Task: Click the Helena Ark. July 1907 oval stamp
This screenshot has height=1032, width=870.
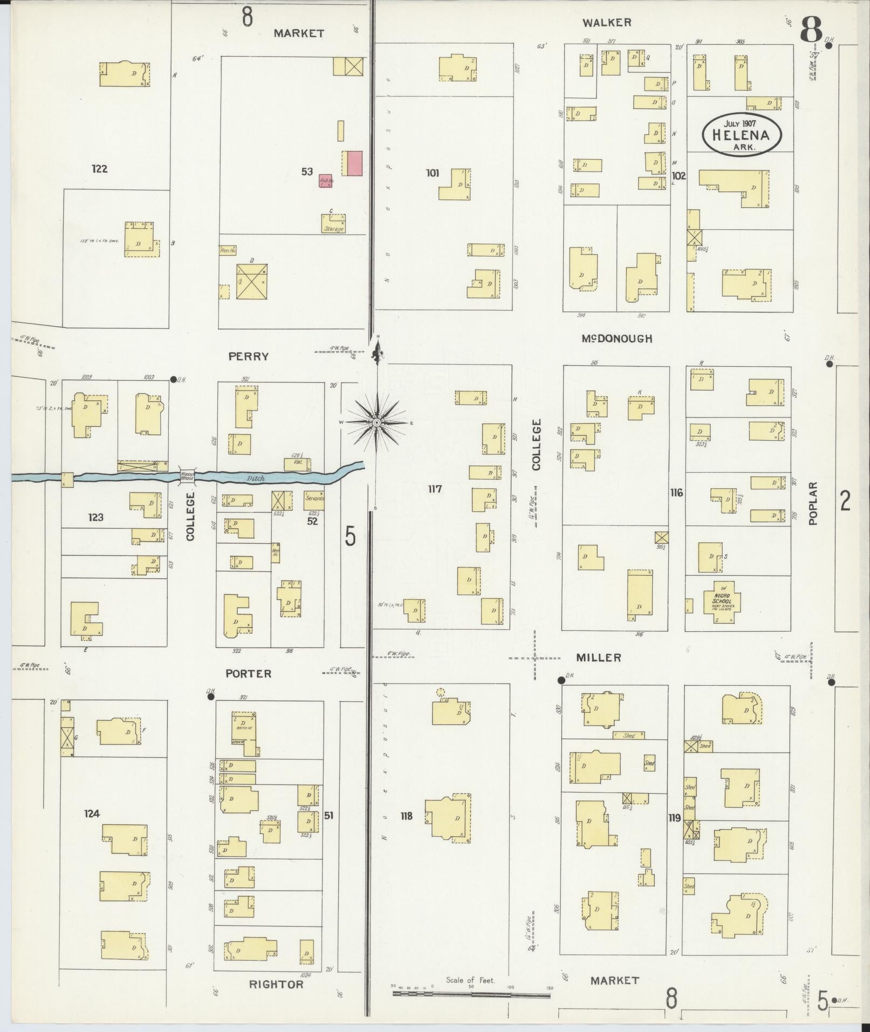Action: click(742, 134)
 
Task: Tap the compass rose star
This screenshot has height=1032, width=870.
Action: click(376, 422)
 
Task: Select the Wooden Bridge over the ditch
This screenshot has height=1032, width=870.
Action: click(187, 476)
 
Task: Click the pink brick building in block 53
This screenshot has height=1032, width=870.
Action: click(354, 163)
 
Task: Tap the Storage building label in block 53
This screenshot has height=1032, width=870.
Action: click(333, 229)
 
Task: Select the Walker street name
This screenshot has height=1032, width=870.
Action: click(606, 23)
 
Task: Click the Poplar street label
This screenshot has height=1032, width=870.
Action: click(814, 503)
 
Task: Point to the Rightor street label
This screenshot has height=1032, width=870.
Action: click(276, 984)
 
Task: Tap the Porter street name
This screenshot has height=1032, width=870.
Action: click(249, 673)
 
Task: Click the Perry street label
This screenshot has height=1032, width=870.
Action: click(248, 357)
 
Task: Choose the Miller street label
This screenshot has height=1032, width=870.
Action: click(598, 658)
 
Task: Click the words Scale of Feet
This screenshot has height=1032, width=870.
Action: click(470, 980)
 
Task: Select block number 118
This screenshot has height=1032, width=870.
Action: click(406, 816)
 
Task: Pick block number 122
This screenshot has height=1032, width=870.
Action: click(99, 169)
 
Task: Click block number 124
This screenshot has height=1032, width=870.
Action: click(92, 814)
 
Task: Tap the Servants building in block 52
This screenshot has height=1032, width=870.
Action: click(314, 498)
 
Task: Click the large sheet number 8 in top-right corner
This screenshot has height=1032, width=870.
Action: click(811, 30)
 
